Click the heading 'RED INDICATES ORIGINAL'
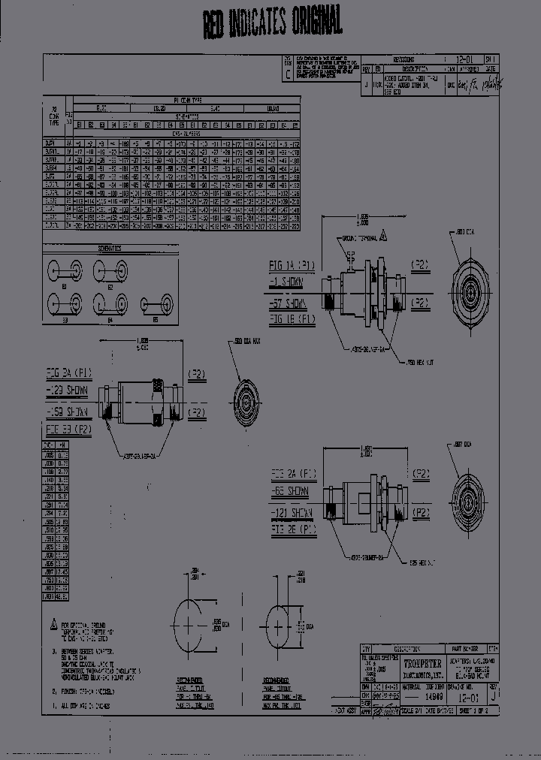pos(272,23)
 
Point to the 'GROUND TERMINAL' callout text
pos(362,238)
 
